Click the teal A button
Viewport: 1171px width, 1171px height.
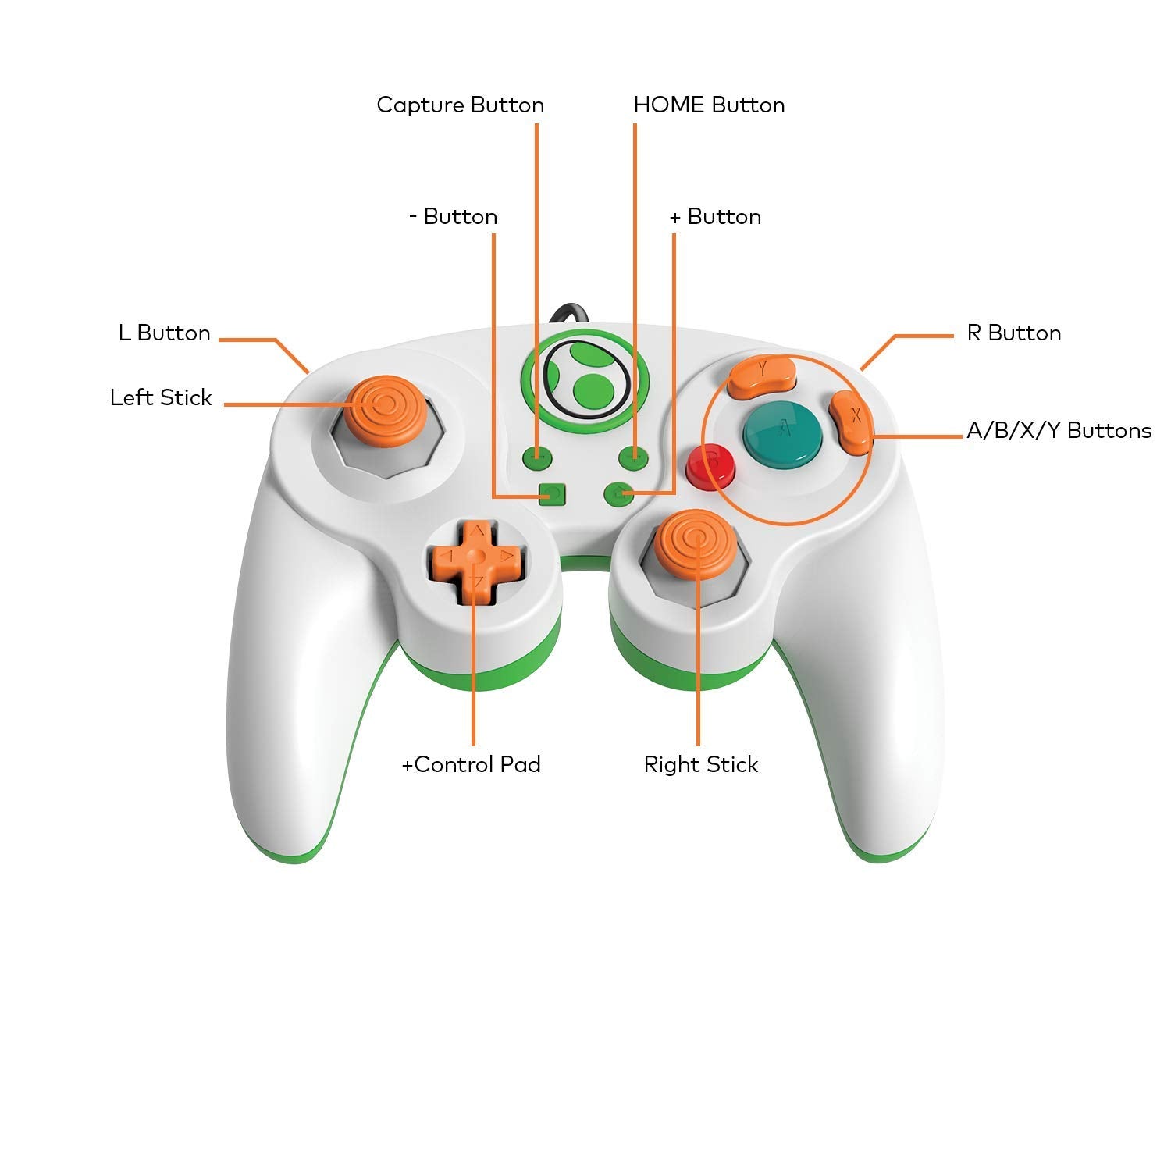[782, 432]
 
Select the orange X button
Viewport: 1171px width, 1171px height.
[850, 422]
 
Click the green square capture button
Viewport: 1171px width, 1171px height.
[552, 495]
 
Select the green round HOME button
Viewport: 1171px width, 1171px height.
[618, 493]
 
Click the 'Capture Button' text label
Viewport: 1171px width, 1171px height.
[460, 105]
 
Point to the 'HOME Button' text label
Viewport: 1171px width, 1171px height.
[709, 105]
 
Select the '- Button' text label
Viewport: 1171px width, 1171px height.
[453, 217]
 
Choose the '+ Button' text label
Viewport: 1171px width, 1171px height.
[715, 217]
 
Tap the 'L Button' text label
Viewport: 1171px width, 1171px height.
[165, 333]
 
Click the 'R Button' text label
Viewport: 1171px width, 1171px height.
[1013, 333]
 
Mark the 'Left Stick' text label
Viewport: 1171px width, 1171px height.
[161, 398]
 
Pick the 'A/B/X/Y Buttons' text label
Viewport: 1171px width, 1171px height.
[1059, 431]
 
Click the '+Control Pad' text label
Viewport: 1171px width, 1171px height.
[471, 765]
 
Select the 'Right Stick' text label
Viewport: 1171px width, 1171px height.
[700, 765]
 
